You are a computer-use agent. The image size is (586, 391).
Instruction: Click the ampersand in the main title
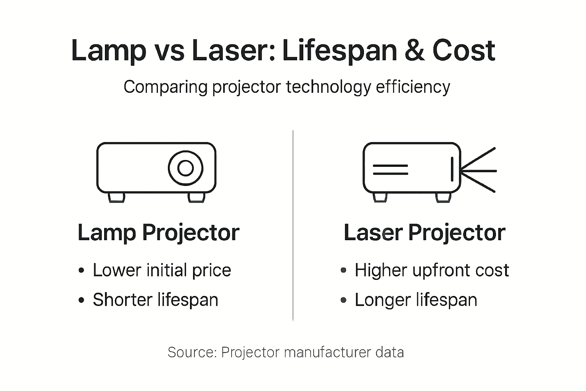pyautogui.click(x=415, y=51)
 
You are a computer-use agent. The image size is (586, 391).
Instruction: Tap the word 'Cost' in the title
pyautogui.click(x=464, y=51)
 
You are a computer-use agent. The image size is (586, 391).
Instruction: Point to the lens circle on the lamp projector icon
pyautogui.click(x=185, y=168)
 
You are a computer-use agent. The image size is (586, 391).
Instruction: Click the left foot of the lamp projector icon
pyautogui.click(x=116, y=197)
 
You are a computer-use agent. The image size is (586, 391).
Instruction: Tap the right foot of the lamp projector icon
pyautogui.click(x=196, y=197)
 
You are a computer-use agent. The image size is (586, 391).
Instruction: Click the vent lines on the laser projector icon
pyautogui.click(x=390, y=170)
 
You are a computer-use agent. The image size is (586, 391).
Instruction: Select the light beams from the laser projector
pyautogui.click(x=479, y=170)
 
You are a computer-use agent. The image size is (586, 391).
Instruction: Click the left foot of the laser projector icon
pyautogui.click(x=380, y=197)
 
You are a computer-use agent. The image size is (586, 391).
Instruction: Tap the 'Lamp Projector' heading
pyautogui.click(x=158, y=233)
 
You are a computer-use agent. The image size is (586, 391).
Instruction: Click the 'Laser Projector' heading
pyautogui.click(x=424, y=233)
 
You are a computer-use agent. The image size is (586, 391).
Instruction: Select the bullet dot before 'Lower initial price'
pyautogui.click(x=81, y=271)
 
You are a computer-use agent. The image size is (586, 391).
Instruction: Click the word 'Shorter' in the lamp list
pyautogui.click(x=122, y=300)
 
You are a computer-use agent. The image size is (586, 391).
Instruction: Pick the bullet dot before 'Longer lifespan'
pyautogui.click(x=343, y=300)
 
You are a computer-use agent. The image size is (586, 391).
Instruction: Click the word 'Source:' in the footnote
pyautogui.click(x=192, y=352)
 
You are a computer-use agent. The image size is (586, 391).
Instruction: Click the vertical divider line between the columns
pyautogui.click(x=293, y=225)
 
